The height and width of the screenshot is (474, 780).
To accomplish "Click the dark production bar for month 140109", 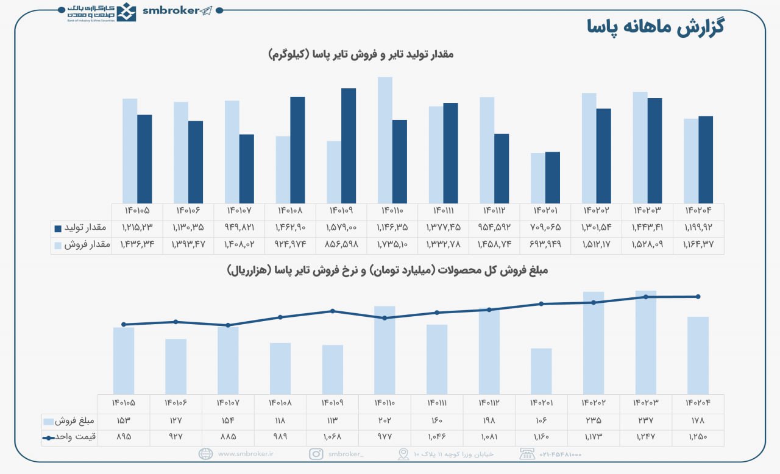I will (349, 146).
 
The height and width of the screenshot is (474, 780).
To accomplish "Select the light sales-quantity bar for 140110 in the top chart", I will (385, 140).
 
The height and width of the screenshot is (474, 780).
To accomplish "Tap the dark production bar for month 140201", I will (552, 177).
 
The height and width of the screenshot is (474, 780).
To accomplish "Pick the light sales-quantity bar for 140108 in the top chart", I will (283, 169).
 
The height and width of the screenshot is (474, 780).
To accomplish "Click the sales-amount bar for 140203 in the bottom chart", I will (646, 342).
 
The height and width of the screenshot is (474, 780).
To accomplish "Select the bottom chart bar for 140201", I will (541, 371).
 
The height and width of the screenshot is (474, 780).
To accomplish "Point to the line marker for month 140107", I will (228, 325).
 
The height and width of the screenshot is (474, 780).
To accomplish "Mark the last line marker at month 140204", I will (698, 297).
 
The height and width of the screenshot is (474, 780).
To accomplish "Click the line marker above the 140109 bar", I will (333, 311).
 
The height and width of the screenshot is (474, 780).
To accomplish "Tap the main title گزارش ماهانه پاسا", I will (655, 27).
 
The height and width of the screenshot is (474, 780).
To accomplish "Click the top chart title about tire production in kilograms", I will (361, 55).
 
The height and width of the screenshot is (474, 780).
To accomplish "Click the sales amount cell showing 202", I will (385, 420).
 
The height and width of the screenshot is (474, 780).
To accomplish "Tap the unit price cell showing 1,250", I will (698, 437).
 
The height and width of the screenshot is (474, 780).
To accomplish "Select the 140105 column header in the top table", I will (137, 211).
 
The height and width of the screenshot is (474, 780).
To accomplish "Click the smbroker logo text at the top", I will (170, 10).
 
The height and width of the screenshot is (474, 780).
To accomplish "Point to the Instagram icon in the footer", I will (316, 454).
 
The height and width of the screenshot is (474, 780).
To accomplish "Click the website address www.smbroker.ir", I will (244, 454).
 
